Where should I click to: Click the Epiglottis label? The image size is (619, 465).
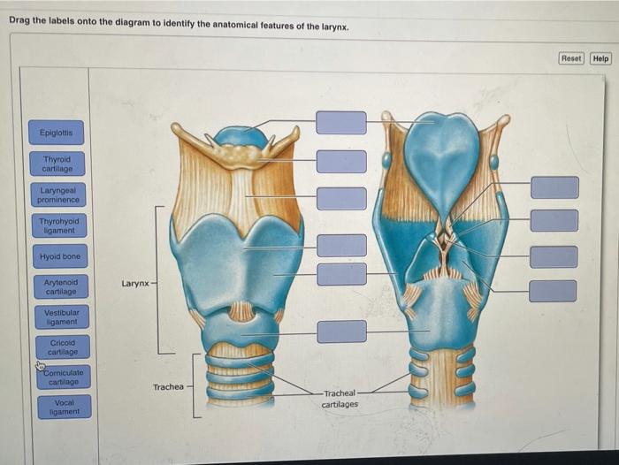pyautogui.click(x=56, y=133)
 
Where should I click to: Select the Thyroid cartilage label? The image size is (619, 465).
pyautogui.click(x=57, y=164)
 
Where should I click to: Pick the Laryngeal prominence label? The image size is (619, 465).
pyautogui.click(x=58, y=194)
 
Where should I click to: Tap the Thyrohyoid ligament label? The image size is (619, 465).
pyautogui.click(x=58, y=225)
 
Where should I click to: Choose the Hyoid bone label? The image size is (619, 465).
pyautogui.click(x=59, y=256)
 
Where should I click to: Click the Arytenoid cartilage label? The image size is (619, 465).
pyautogui.click(x=60, y=286)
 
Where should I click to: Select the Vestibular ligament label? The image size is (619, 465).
pyautogui.click(x=61, y=316)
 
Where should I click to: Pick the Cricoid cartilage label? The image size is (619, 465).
pyautogui.click(x=62, y=347)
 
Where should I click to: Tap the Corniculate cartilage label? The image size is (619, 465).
pyautogui.click(x=64, y=377)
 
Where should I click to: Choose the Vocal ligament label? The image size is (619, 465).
pyautogui.click(x=64, y=407)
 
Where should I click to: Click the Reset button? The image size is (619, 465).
pyautogui.click(x=571, y=58)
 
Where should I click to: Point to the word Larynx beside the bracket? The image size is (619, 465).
pyautogui.click(x=135, y=284)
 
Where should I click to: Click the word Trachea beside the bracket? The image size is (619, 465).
pyautogui.click(x=168, y=387)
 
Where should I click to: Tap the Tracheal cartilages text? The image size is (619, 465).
pyautogui.click(x=340, y=399)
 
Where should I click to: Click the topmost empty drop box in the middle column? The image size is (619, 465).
pyautogui.click(x=341, y=122)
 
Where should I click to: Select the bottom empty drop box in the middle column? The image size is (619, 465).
pyautogui.click(x=341, y=332)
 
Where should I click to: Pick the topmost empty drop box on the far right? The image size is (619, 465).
pyautogui.click(x=554, y=187)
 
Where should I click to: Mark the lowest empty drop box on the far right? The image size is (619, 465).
pyautogui.click(x=554, y=291)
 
